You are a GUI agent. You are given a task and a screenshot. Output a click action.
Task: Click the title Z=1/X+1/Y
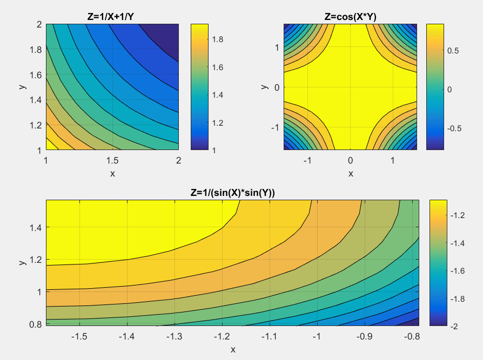pyautogui.click(x=112, y=17)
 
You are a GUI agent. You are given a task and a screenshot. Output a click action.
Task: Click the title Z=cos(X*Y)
pyautogui.click(x=350, y=17)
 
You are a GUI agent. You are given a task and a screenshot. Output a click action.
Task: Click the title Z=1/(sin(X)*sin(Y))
pyautogui.click(x=233, y=193)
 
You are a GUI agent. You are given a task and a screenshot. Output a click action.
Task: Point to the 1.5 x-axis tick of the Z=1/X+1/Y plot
pyautogui.click(x=112, y=160)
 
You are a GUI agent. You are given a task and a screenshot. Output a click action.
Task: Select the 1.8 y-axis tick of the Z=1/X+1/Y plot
pyautogui.click(x=36, y=49)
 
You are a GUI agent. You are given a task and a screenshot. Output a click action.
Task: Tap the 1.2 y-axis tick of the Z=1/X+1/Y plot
pyautogui.click(x=36, y=125)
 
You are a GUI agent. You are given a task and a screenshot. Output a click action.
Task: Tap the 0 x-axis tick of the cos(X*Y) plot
pyautogui.click(x=350, y=160)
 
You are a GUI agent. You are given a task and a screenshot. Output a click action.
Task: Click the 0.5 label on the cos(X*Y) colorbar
pyautogui.click(x=454, y=51)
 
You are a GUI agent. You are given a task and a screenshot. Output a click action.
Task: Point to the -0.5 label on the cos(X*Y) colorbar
pyautogui.click(x=455, y=128)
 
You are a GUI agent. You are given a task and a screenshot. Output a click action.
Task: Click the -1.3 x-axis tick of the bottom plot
pyautogui.click(x=175, y=336)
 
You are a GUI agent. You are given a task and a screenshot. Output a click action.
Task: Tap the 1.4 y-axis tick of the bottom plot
pyautogui.click(x=36, y=227)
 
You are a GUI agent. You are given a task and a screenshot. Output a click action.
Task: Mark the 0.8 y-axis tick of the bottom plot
pyautogui.click(x=36, y=324)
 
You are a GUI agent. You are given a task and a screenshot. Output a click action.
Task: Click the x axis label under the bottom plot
pyautogui.click(x=233, y=349)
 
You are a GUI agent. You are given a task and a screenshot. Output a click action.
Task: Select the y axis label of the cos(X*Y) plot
pyautogui.click(x=264, y=86)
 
